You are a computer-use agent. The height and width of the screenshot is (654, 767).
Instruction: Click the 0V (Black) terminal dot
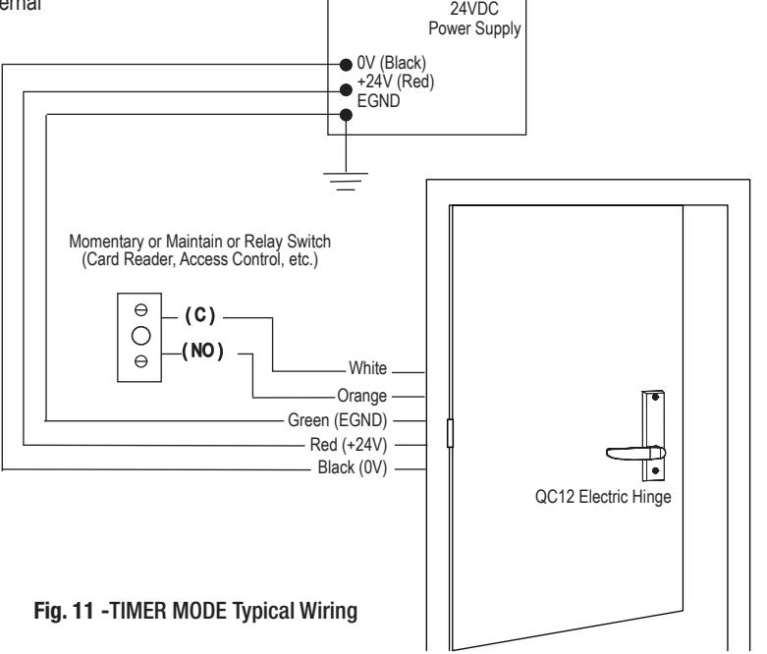click(x=346, y=65)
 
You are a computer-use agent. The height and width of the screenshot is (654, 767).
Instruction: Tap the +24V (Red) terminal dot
click(x=346, y=90)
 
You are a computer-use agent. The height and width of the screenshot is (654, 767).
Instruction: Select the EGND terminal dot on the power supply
click(x=346, y=115)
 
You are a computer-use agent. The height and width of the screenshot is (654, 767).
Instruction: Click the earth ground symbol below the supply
click(x=346, y=181)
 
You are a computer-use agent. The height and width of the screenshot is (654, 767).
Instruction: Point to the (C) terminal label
click(x=200, y=315)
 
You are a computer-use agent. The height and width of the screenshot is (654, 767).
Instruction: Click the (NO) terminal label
click(x=203, y=351)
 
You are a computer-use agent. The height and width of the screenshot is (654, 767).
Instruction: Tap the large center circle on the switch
click(x=140, y=336)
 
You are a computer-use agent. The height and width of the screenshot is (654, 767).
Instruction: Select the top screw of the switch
click(x=140, y=309)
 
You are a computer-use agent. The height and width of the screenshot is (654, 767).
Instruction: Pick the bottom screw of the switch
click(x=140, y=361)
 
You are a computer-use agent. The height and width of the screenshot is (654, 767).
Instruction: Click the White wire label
click(x=368, y=368)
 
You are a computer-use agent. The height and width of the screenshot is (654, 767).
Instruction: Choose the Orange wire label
click(x=362, y=396)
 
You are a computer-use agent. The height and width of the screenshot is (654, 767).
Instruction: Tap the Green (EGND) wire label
click(x=338, y=420)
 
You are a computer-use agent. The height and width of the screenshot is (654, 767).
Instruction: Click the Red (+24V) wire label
click(x=349, y=445)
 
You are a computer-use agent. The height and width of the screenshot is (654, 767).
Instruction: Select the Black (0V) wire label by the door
click(x=353, y=467)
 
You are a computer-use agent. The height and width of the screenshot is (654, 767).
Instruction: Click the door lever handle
click(x=635, y=454)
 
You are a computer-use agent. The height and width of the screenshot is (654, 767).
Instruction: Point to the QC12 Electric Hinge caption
click(x=603, y=497)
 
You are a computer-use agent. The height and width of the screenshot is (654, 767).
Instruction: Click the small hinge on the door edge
click(x=450, y=433)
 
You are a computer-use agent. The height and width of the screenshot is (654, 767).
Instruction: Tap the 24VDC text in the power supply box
click(x=474, y=9)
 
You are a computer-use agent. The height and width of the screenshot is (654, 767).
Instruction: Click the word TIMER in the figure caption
click(x=138, y=611)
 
